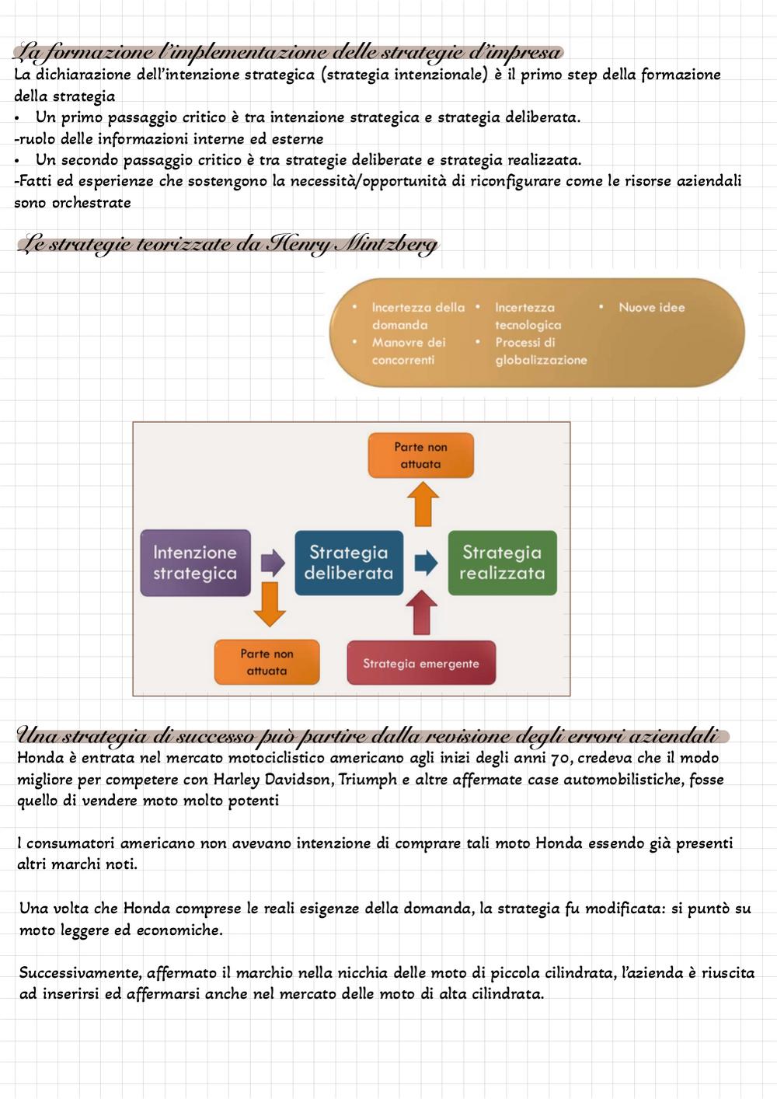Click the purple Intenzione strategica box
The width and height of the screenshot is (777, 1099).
(x=195, y=563)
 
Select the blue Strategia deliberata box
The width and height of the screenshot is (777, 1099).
(x=349, y=563)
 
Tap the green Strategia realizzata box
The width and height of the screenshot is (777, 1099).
(x=502, y=563)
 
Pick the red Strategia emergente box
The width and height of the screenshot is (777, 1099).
(x=421, y=663)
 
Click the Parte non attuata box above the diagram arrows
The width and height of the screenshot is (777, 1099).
(x=421, y=455)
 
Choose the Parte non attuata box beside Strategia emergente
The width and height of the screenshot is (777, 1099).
(x=267, y=662)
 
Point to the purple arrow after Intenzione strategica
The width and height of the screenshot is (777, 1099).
(x=273, y=562)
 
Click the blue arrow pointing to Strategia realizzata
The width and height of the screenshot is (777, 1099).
(x=426, y=562)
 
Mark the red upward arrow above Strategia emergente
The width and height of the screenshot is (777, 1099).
(x=421, y=612)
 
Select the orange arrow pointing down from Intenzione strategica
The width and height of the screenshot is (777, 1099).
(x=270, y=605)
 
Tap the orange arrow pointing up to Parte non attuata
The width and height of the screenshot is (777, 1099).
(x=423, y=504)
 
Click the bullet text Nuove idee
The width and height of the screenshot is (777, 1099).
(x=651, y=308)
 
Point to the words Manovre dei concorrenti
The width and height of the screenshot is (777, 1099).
(x=409, y=351)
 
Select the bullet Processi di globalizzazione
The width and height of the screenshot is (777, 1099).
(x=541, y=351)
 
